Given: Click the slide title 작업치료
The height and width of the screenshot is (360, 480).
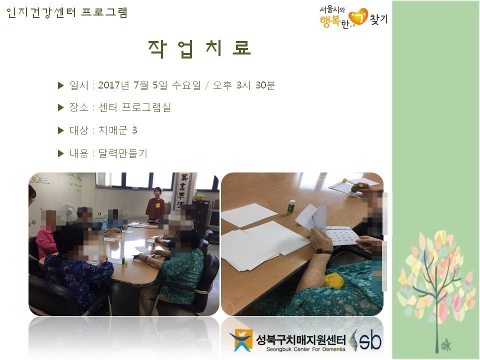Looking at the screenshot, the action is [199, 49].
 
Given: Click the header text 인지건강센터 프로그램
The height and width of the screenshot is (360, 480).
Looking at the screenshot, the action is [66, 13].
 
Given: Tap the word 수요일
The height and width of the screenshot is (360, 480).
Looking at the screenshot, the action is [186, 85].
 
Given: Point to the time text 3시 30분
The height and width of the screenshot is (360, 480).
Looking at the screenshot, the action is [255, 85].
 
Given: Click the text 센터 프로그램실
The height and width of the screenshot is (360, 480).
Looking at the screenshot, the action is [134, 107].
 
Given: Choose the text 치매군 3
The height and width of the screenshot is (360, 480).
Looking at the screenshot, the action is [117, 130].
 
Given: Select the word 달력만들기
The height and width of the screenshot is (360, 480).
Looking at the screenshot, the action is [123, 153].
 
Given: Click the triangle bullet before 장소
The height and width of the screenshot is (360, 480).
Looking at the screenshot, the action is [60, 107].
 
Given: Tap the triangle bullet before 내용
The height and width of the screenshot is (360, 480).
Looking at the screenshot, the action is [60, 153].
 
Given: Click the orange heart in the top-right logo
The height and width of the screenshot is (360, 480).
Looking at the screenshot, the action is [358, 17].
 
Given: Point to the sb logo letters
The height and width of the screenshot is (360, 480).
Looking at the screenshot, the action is [370, 340].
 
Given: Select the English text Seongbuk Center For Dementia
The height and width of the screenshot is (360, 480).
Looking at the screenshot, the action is [305, 349].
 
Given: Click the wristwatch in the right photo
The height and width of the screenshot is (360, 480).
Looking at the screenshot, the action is [324, 251].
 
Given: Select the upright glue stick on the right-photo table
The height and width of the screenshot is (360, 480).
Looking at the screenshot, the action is [290, 207].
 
